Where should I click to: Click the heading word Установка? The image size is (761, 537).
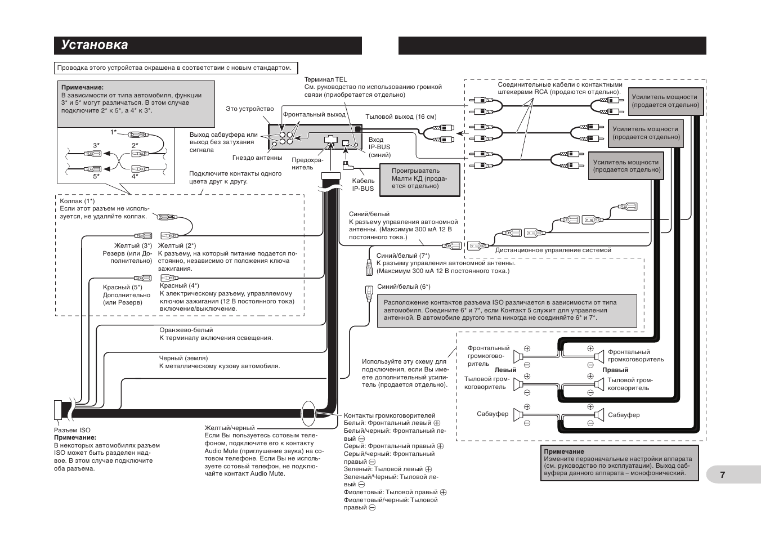coord(95,45)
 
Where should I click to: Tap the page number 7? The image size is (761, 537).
coord(723,475)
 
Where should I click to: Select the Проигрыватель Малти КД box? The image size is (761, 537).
coord(419,180)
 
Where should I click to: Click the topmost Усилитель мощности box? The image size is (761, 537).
coord(665,101)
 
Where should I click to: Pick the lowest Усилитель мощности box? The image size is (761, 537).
coord(626,165)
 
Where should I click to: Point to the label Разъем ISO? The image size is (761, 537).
coord(72,430)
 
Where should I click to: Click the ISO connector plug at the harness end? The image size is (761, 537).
coord(58,410)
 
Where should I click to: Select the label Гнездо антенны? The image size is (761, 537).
coord(257,158)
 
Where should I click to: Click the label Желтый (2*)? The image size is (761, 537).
coord(177,245)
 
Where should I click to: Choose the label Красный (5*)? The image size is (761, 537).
coord(123,287)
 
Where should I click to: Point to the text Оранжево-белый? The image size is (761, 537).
coord(186,330)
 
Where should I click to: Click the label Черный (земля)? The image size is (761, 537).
coord(183,358)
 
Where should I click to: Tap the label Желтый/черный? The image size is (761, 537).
coord(230,428)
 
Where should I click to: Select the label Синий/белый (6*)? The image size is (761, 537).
coord(404,287)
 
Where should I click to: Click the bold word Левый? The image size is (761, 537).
coord(505,370)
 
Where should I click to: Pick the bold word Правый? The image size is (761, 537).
coord(615,370)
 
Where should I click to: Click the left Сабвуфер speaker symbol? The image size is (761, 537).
coord(517,415)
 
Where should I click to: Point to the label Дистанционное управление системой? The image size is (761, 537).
coord(553,250)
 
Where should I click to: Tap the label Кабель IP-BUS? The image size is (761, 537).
coord(363,185)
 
